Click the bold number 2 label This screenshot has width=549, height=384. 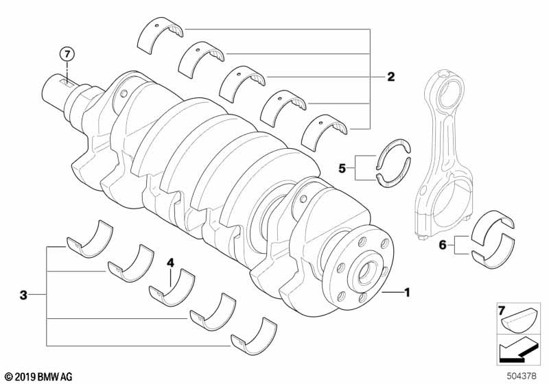tap(390, 77)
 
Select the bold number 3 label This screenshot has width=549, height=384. tap(23, 296)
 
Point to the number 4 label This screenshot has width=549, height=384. tap(171, 261)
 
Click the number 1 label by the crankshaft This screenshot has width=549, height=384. tap(406, 294)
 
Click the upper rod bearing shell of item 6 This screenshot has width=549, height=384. tap(500, 224)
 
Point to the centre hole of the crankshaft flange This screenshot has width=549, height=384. tap(365, 273)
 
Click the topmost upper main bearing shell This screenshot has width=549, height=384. tap(162, 37)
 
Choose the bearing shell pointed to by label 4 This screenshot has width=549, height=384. tap(172, 287)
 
